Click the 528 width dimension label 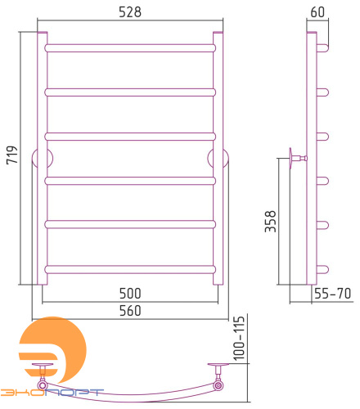(130, 12)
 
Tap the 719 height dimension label (11, 155)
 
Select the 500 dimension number (130, 294)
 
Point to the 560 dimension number (130, 311)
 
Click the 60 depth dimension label (317, 12)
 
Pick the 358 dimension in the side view (271, 221)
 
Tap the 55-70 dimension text (332, 294)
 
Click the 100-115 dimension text (239, 338)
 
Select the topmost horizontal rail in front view (130, 48)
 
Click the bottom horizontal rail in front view (130, 269)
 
